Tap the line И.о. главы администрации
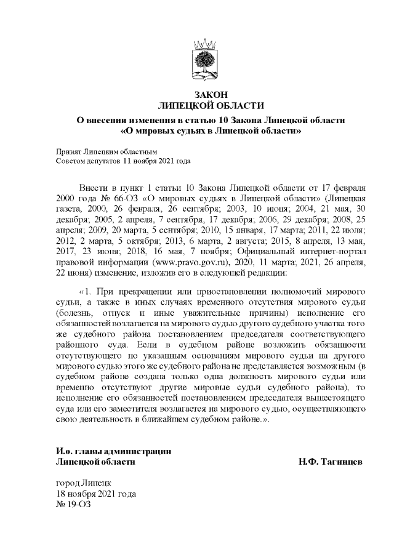113,451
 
